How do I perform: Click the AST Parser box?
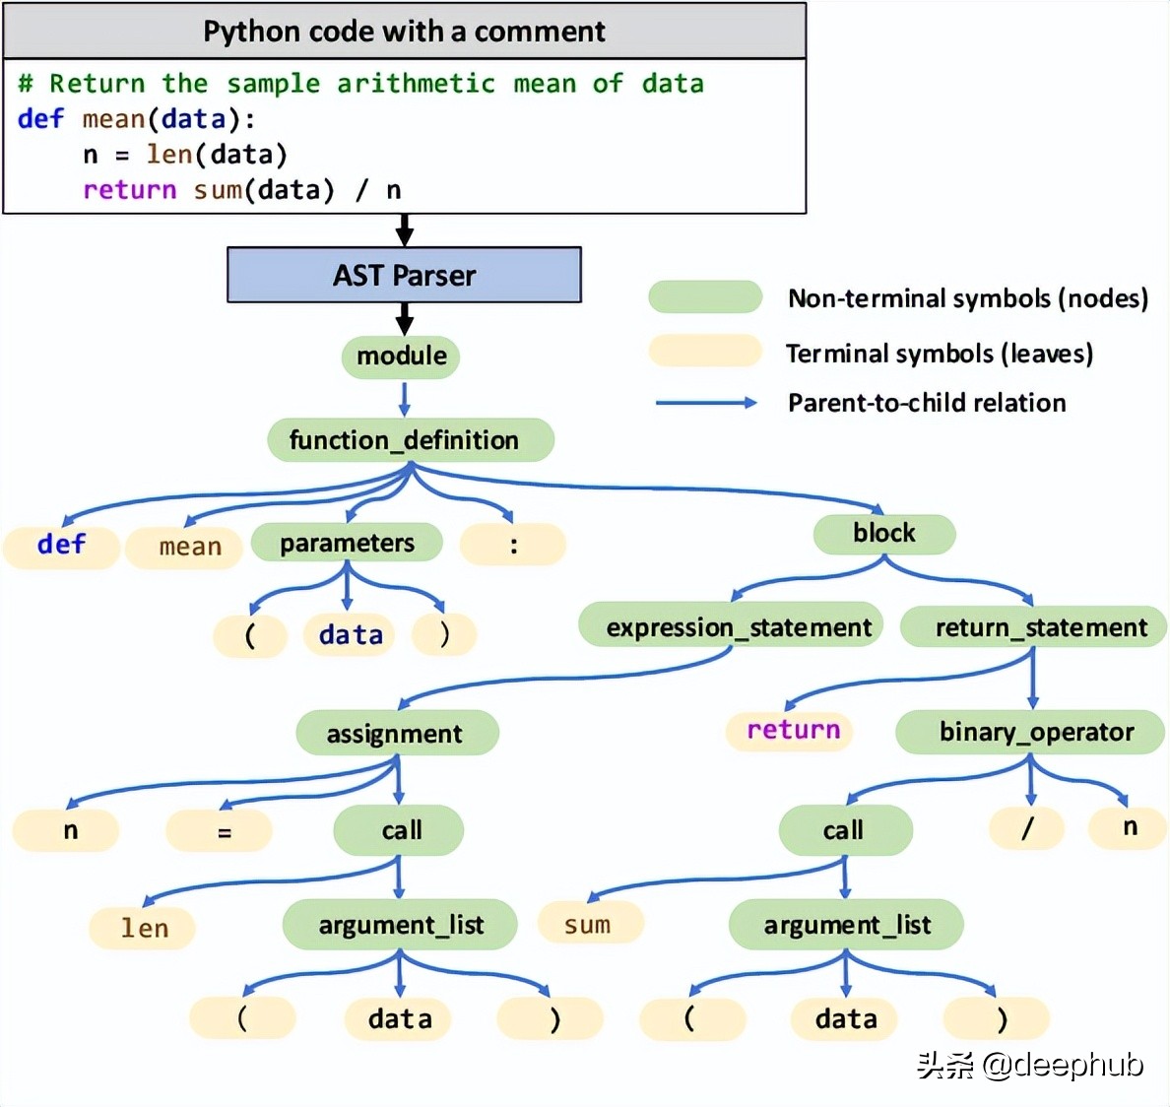(x=404, y=275)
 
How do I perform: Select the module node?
(x=401, y=356)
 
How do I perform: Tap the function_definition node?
(x=410, y=440)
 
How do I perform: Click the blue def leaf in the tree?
(x=61, y=545)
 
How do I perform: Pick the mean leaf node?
(x=189, y=547)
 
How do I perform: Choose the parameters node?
(x=347, y=543)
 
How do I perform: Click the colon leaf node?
(x=513, y=545)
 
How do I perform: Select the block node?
(x=883, y=533)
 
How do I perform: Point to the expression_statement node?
(x=738, y=626)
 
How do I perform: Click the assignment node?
(x=396, y=733)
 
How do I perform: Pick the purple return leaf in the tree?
(x=792, y=731)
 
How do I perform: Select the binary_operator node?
(x=1035, y=732)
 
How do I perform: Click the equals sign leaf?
(x=223, y=831)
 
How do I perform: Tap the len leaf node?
(x=144, y=928)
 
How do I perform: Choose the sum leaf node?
(x=588, y=924)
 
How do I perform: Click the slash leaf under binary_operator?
(x=1026, y=828)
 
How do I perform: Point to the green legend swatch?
(x=705, y=296)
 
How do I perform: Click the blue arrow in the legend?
(x=706, y=402)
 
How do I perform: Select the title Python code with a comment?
(x=404, y=32)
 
